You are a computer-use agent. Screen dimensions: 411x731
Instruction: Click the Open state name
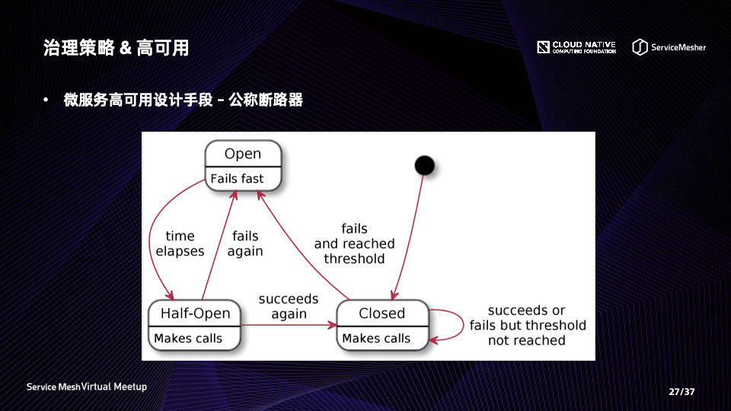pyautogui.click(x=243, y=154)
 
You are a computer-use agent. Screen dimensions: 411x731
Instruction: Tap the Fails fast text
pyautogui.click(x=237, y=179)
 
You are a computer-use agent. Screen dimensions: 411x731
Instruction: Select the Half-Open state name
pyautogui.click(x=195, y=313)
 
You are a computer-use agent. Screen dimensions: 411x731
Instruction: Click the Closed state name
pyautogui.click(x=381, y=313)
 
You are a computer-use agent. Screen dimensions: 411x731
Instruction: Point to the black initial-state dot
pyautogui.click(x=424, y=164)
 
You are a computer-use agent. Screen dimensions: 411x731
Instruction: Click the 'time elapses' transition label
pyautogui.click(x=180, y=244)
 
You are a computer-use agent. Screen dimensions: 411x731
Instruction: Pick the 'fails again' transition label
pyautogui.click(x=245, y=244)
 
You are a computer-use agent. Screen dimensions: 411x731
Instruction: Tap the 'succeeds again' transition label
pyautogui.click(x=289, y=306)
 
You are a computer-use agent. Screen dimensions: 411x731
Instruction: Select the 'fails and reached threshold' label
pyautogui.click(x=355, y=244)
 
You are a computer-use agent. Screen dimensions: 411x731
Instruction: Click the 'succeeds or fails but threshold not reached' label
pyautogui.click(x=528, y=325)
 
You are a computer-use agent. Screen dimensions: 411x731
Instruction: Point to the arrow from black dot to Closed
pyautogui.click(x=409, y=236)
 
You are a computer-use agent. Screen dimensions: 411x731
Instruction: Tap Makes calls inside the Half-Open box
pyautogui.click(x=188, y=338)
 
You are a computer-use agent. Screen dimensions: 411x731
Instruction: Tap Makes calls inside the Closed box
pyautogui.click(x=376, y=338)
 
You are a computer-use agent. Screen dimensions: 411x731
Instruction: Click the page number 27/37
pyautogui.click(x=682, y=392)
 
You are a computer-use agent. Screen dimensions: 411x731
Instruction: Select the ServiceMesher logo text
pyautogui.click(x=678, y=47)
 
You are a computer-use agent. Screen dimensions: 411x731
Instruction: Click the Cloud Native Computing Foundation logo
pyautogui.click(x=576, y=47)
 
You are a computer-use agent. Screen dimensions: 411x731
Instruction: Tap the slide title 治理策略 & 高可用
pyautogui.click(x=117, y=48)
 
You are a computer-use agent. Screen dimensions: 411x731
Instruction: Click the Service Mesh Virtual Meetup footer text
pyautogui.click(x=87, y=387)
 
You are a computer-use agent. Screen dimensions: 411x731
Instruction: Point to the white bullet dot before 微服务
pyautogui.click(x=46, y=100)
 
